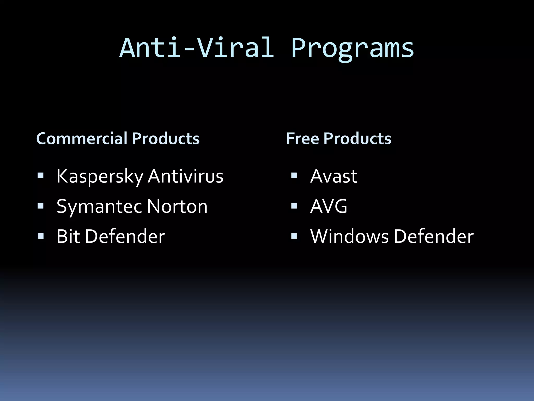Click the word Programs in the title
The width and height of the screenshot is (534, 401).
pos(353,48)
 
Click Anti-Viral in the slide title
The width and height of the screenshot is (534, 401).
pos(197,48)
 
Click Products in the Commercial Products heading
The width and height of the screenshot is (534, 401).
pos(166,138)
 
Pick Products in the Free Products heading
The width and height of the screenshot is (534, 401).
pos(357,138)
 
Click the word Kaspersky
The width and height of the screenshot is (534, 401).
pos(100,176)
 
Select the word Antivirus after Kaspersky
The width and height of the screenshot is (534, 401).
pos(185,176)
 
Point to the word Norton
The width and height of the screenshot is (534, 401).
pos(177,206)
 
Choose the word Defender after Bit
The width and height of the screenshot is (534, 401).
pos(125,236)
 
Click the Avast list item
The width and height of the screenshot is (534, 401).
pos(333,176)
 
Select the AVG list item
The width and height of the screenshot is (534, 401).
pos(329,206)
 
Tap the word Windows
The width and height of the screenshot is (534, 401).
pos(349,236)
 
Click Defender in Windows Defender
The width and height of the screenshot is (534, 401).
pos(434,236)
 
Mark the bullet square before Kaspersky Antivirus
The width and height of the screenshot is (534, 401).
pos(40,175)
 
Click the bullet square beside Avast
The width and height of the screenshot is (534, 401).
pos(294,175)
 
